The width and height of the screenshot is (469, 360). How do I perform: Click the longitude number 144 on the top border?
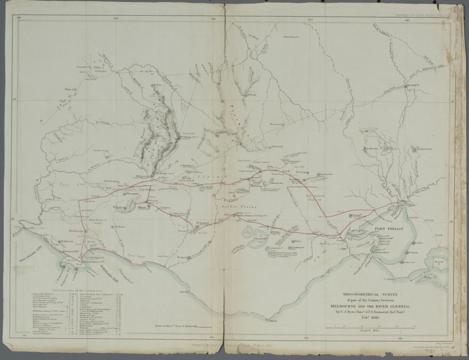pos(311,19)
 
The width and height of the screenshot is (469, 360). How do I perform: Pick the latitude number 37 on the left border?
pos(14,99)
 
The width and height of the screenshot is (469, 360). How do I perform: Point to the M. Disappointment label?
pos(424,149)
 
